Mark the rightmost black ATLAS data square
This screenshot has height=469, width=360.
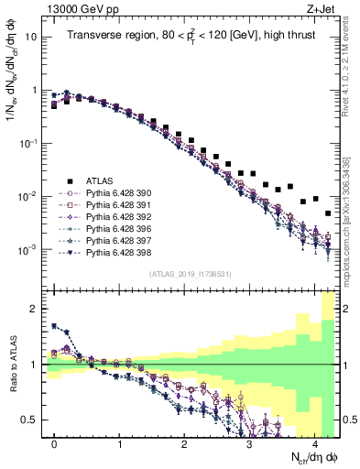tap(328, 213)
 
